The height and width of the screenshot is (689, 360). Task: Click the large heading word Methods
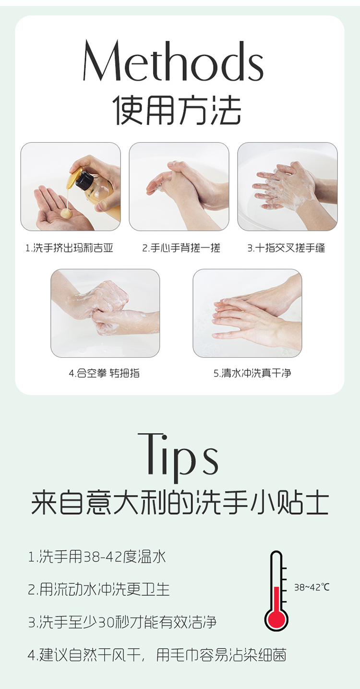pyautogui.click(x=173, y=61)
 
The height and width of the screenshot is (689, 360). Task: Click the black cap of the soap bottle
pyautogui.click(x=83, y=180)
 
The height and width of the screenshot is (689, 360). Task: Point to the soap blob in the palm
pyautogui.click(x=65, y=213)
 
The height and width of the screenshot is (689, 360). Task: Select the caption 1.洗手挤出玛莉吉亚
pyautogui.click(x=69, y=248)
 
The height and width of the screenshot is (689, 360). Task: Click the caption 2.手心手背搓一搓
pyautogui.click(x=181, y=248)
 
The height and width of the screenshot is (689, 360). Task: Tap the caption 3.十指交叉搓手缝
pyautogui.click(x=286, y=248)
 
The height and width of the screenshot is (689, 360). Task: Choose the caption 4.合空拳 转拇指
pyautogui.click(x=104, y=373)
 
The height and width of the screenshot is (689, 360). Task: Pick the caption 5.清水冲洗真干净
pyautogui.click(x=252, y=373)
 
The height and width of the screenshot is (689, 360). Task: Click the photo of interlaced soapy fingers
pyautogui.click(x=288, y=186)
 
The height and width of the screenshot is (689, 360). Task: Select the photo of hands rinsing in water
pyautogui.click(x=247, y=313)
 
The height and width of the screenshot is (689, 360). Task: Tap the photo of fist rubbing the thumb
pyautogui.click(x=105, y=313)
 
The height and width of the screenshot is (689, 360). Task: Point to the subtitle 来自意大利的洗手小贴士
pyautogui.click(x=180, y=503)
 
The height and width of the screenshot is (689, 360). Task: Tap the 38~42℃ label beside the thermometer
pyautogui.click(x=312, y=587)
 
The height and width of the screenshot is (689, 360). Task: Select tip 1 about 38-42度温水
pyautogui.click(x=97, y=557)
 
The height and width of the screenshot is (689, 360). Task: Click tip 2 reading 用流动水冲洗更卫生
pyautogui.click(x=99, y=589)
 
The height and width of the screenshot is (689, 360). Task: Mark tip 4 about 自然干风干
pyautogui.click(x=157, y=655)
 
